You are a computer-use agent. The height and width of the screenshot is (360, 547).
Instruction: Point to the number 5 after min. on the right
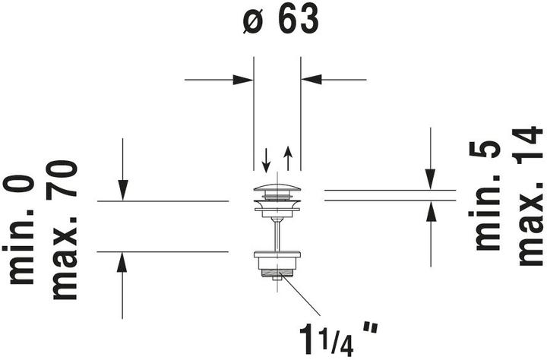tap(485, 150)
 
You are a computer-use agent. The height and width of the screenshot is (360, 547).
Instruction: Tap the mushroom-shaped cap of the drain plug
tap(277, 188)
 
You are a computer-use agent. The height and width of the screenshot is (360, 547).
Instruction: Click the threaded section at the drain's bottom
tap(277, 272)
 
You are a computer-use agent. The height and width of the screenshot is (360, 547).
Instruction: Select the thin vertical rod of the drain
tap(277, 235)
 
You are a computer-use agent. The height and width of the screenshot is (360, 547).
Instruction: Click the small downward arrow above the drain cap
tap(266, 160)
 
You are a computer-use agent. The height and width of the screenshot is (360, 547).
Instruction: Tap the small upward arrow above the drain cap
tap(288, 159)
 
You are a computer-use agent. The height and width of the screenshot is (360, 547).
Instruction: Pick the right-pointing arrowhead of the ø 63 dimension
tap(243, 80)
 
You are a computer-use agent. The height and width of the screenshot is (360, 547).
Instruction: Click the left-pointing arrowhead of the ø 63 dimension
tap(311, 80)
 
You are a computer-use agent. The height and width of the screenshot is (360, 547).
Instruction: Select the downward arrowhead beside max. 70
tap(122, 191)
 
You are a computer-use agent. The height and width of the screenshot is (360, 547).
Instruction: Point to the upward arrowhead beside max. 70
tap(122, 262)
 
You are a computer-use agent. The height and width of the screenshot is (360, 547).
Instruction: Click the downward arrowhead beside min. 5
tap(431, 179)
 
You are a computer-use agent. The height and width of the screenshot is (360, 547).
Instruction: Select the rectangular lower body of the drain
tap(277, 260)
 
